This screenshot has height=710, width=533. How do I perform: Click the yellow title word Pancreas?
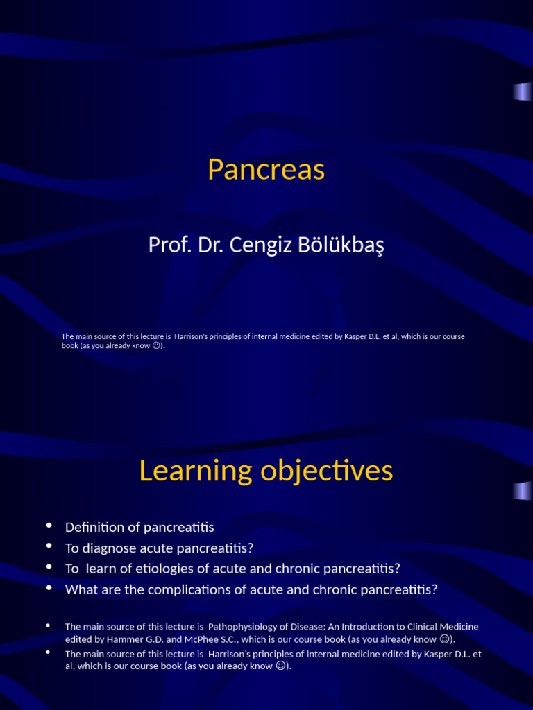tap(266, 170)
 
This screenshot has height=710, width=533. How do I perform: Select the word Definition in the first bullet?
tap(93, 527)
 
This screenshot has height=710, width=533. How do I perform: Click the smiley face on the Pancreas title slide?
tap(157, 345)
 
